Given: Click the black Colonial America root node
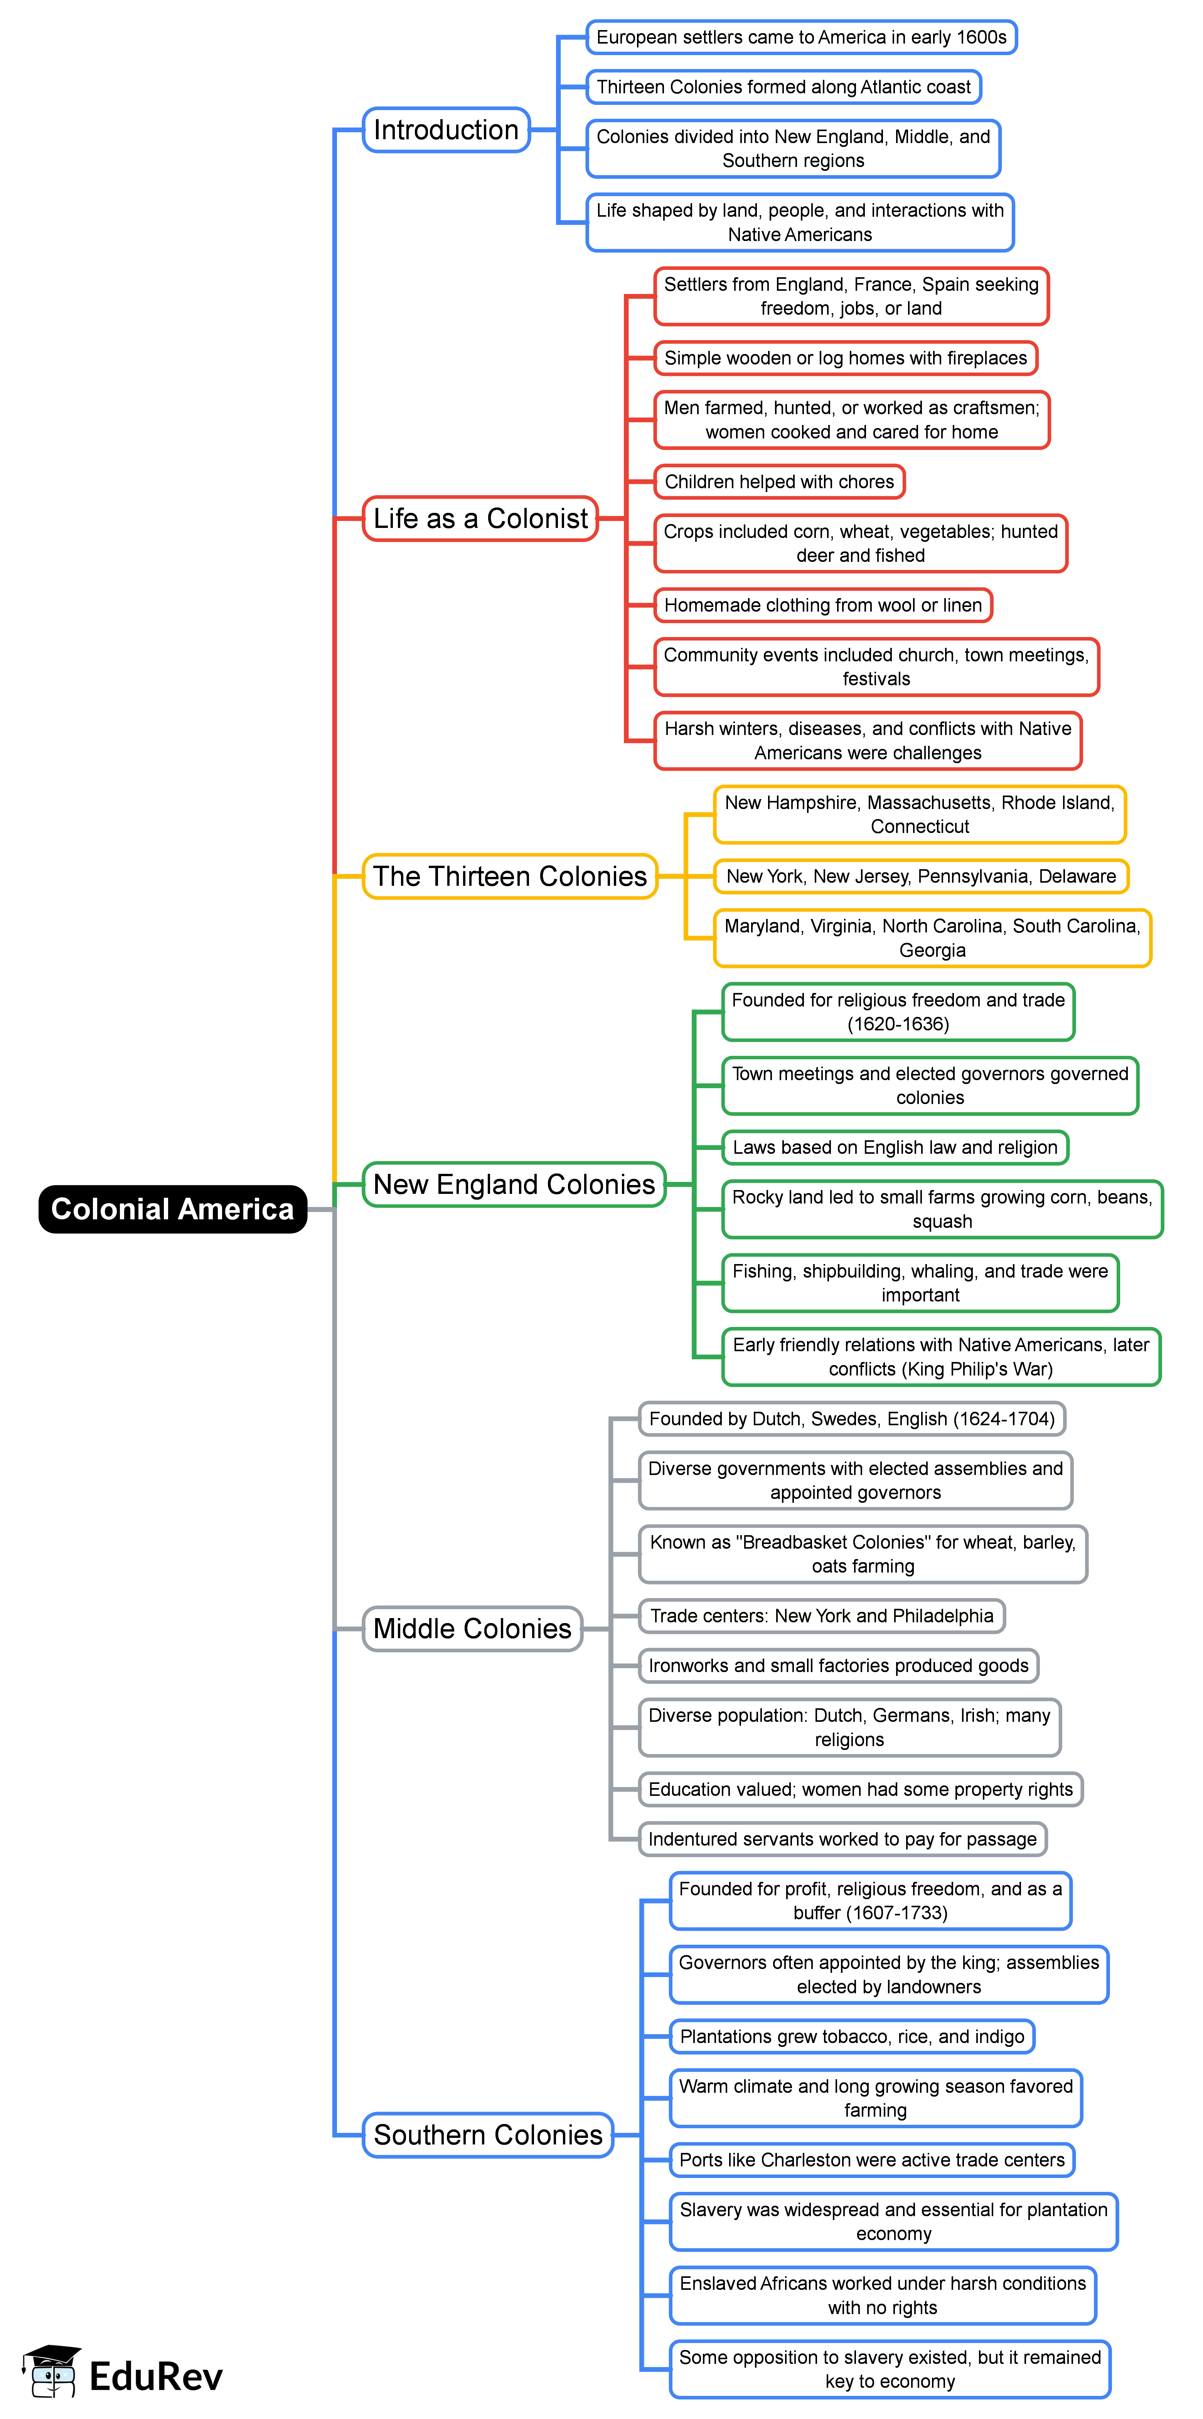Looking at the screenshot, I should (x=173, y=1209).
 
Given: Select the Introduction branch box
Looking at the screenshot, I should (x=446, y=130).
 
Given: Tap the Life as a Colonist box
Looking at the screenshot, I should (x=480, y=518).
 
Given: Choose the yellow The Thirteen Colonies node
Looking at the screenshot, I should (x=510, y=876).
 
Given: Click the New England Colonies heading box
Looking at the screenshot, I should (x=514, y=1184).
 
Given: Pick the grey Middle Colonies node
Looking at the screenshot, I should (x=472, y=1628).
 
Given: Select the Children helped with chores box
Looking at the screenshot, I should (x=780, y=482).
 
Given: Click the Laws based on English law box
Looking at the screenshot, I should (x=895, y=1148).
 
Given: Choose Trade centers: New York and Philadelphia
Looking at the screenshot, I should (x=822, y=1616).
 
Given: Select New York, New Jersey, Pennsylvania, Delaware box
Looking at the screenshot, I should (x=920, y=876).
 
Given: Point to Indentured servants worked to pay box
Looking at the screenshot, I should (x=842, y=1839).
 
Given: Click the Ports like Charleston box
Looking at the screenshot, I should (x=871, y=2160).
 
